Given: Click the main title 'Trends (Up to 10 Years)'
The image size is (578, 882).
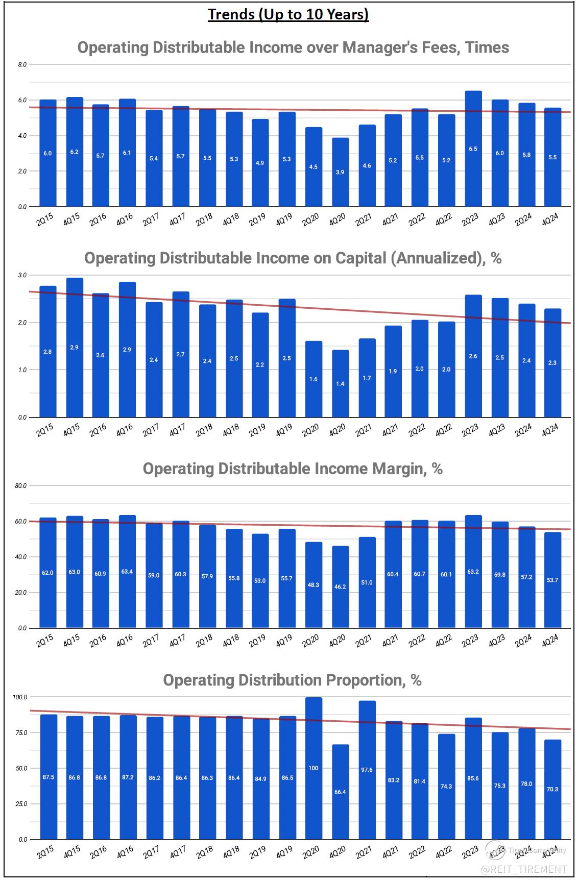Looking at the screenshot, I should click(288, 14).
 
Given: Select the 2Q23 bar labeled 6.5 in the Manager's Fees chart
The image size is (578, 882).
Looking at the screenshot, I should click(473, 149).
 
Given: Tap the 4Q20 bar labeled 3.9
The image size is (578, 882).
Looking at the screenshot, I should click(340, 172).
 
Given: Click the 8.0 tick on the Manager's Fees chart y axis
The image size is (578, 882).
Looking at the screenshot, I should click(22, 65).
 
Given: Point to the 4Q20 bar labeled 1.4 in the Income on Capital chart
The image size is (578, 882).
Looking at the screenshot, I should click(340, 383).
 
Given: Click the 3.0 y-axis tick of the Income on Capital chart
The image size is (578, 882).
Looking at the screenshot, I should click(22, 275).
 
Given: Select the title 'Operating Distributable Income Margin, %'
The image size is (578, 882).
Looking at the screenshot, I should click(293, 469).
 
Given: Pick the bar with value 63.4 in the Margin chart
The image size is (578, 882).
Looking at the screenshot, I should click(127, 571).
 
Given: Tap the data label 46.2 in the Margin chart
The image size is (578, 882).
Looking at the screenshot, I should click(340, 587).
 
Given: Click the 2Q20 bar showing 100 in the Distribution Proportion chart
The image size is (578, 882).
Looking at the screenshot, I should click(314, 768).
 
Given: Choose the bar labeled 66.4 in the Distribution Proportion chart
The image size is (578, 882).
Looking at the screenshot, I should click(340, 792).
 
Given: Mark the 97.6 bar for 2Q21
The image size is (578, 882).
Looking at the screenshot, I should click(367, 770).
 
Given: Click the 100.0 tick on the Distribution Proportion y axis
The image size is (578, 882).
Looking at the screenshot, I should click(20, 697).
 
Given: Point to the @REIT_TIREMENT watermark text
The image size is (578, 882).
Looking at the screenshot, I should click(524, 868).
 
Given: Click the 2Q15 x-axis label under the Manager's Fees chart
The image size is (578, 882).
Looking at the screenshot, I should click(45, 220).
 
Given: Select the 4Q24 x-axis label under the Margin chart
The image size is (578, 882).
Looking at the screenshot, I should click(550, 641).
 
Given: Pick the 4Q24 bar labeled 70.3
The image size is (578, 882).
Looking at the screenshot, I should click(552, 789).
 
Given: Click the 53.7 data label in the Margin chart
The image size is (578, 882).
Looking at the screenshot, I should click(552, 580).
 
